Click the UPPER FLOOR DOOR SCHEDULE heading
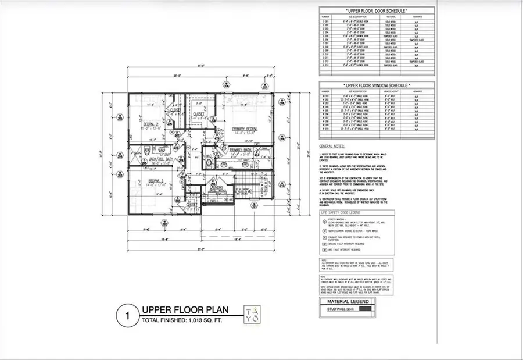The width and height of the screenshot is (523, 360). tap(376, 10)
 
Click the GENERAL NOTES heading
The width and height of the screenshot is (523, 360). tap(332, 147)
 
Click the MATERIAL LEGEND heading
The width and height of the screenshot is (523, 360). tap(347, 302)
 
